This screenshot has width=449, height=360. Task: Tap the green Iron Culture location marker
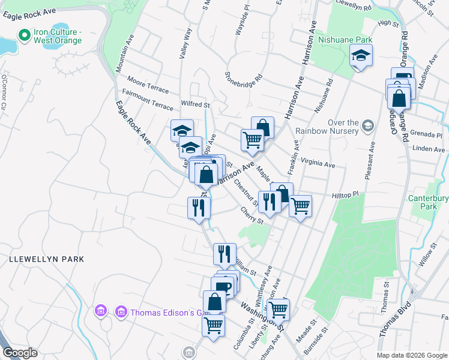click(x=25, y=35)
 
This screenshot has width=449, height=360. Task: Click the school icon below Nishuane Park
click(x=361, y=56)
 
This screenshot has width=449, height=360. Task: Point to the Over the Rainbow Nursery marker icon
click(x=367, y=125)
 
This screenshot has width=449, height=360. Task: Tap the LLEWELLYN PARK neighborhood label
click(x=46, y=259)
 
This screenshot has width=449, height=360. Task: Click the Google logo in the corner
click(x=20, y=353)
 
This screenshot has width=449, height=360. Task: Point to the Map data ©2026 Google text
click(x=411, y=355)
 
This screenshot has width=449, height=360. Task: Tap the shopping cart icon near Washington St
click(x=278, y=310)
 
